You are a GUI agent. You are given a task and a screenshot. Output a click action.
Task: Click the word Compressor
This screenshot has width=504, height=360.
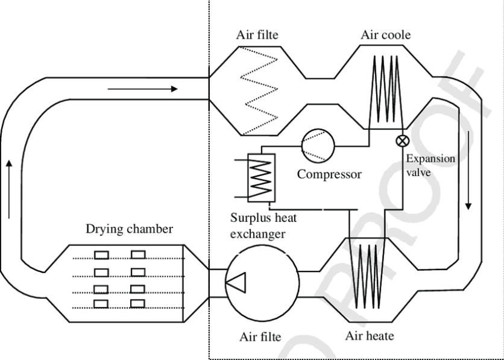pyautogui.click(x=329, y=175)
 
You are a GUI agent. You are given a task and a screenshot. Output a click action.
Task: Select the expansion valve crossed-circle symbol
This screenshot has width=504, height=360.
pyautogui.click(x=400, y=141)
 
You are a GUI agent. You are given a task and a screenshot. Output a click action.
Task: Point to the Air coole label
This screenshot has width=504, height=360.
pyautogui.click(x=386, y=34)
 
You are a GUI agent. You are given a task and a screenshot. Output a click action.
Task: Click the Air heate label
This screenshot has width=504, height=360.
pyautogui.click(x=370, y=336)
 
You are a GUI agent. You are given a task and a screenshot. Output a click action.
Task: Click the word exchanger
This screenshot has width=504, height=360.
pyautogui.click(x=258, y=234)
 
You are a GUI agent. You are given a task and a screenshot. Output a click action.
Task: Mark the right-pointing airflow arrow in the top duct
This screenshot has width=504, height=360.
pyautogui.click(x=143, y=89)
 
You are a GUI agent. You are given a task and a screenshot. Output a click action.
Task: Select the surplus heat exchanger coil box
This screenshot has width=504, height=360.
pyautogui.click(x=260, y=177)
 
